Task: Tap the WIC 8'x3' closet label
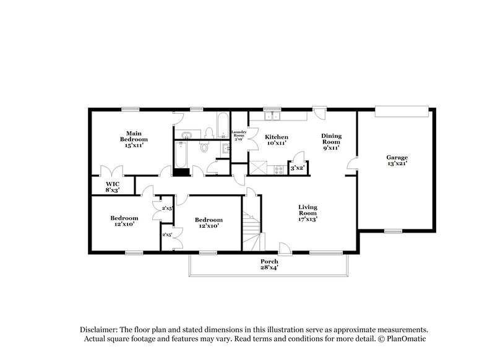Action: (112, 187)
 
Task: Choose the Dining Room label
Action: (331, 142)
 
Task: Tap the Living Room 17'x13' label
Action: (308, 213)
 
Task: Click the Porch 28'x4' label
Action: (269, 265)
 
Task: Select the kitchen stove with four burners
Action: (278, 168)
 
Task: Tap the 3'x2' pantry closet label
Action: (297, 168)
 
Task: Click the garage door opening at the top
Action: (402, 111)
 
